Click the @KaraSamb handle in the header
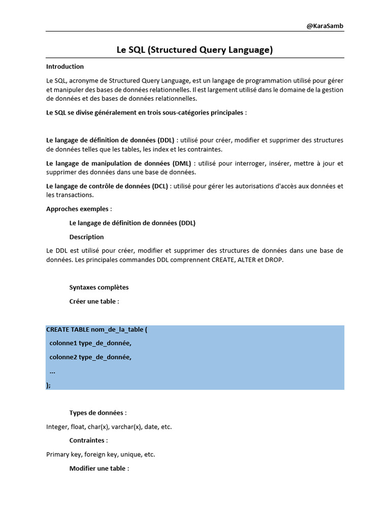(x=325, y=26)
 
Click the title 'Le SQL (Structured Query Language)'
(x=195, y=49)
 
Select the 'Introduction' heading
(x=65, y=67)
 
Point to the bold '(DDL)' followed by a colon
(x=167, y=140)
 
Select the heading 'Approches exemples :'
(x=79, y=209)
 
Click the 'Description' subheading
(x=86, y=237)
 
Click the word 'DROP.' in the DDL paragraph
(x=274, y=260)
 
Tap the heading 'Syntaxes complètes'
(x=99, y=287)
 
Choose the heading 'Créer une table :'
(x=94, y=301)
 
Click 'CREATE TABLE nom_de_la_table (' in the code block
(x=96, y=329)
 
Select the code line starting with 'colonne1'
(x=90, y=343)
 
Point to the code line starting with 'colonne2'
(x=90, y=357)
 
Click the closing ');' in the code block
(x=49, y=385)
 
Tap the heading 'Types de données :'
(x=98, y=413)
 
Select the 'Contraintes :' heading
(x=88, y=441)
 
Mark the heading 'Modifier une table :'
(x=99, y=468)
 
